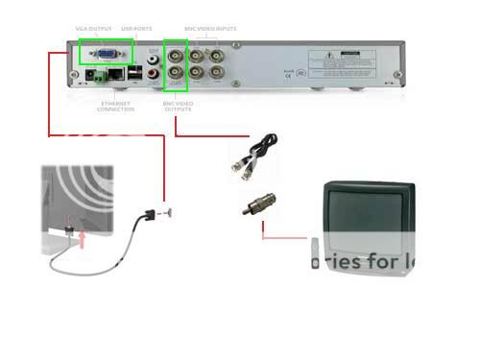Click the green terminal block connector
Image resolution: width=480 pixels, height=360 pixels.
tap(96, 73)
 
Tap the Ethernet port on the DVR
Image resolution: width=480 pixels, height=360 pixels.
tap(115, 73)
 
